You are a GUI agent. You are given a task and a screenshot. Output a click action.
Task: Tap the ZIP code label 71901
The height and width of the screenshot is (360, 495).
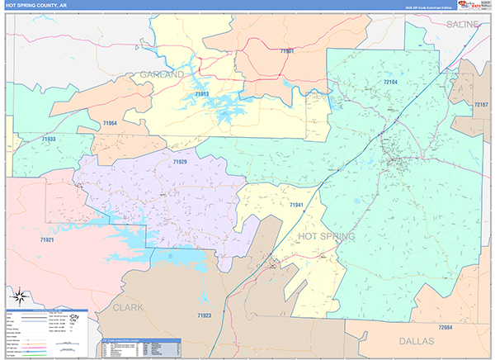(x=287, y=51)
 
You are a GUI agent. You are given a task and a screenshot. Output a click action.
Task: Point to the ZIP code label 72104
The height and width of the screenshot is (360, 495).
(x=391, y=83)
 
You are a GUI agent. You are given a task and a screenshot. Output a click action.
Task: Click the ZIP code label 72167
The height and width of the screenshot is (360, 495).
(x=480, y=106)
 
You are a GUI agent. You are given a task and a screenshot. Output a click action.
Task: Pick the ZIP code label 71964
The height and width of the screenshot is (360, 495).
(x=110, y=123)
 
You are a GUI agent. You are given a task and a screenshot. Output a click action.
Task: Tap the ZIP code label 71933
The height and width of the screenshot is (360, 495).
(x=49, y=140)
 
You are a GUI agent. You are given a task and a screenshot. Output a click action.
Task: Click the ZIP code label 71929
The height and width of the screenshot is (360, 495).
(x=180, y=162)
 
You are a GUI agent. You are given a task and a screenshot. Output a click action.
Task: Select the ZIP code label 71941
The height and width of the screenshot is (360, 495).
(x=297, y=204)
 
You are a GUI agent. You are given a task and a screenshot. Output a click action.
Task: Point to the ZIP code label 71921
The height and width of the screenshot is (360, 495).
(x=47, y=239)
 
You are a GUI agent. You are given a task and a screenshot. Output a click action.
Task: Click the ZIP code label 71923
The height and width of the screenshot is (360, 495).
(x=205, y=315)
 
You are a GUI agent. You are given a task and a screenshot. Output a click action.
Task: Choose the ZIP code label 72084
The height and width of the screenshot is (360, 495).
(x=445, y=328)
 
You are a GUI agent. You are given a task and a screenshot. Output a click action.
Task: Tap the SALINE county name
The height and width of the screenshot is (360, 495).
(x=462, y=25)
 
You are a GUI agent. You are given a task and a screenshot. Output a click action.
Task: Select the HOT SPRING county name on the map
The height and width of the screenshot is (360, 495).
(x=325, y=237)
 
